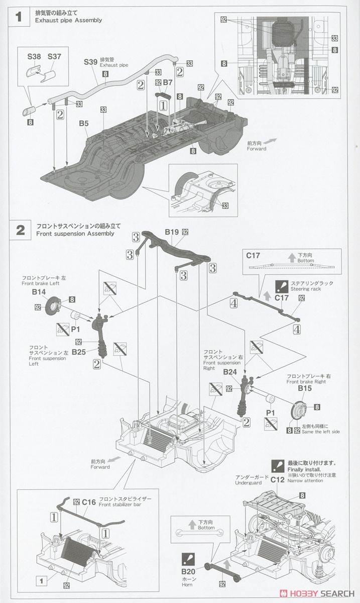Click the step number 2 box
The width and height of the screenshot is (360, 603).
pyautogui.click(x=20, y=230)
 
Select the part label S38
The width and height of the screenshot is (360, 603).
pyautogui.click(x=34, y=57)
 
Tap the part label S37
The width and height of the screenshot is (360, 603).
pyautogui.click(x=54, y=57)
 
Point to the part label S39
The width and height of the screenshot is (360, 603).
pyautogui.click(x=90, y=62)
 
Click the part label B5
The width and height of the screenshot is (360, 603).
pyautogui.click(x=83, y=123)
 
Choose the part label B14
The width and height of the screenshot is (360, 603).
pyautogui.click(x=39, y=291)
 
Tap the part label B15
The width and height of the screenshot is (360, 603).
pyautogui.click(x=304, y=388)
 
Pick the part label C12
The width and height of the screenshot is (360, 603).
pyautogui.click(x=278, y=479)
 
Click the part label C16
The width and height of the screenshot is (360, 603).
pyautogui.click(x=89, y=501)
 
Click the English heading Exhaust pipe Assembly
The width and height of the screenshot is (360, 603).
pyautogui.click(x=69, y=21)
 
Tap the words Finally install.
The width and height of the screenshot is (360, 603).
pyautogui.click(x=304, y=469)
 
